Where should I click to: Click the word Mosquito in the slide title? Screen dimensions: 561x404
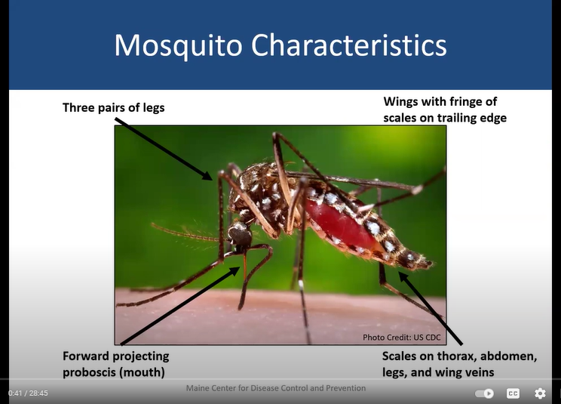(x=178, y=45)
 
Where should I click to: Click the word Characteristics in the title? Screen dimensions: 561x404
(x=349, y=45)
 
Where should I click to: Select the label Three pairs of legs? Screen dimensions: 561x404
(x=113, y=107)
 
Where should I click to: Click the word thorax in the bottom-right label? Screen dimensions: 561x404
(x=457, y=356)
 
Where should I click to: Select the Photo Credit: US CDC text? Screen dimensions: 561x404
(x=401, y=338)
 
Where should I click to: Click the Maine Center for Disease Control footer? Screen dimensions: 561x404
(x=276, y=388)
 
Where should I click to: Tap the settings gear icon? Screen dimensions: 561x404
(x=540, y=393)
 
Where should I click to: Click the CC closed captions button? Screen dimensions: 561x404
(x=513, y=393)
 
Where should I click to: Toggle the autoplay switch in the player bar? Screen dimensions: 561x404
(x=484, y=393)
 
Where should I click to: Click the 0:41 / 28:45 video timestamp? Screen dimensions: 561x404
(x=28, y=393)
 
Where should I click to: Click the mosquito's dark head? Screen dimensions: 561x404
(x=240, y=235)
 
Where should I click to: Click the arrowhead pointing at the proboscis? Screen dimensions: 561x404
(x=235, y=271)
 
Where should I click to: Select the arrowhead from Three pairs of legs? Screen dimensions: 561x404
(x=207, y=175)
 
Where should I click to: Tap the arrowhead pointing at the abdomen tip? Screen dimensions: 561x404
(x=403, y=277)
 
